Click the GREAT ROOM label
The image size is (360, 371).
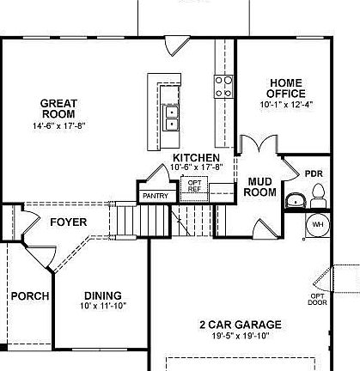[58, 108]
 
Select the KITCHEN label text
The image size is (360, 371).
[196, 158]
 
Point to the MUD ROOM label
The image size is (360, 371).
[260, 186]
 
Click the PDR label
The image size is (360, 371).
[313, 172]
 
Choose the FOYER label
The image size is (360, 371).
[69, 222]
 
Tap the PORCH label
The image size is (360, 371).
[28, 296]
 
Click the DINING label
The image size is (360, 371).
[101, 295]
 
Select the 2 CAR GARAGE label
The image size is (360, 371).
[240, 325]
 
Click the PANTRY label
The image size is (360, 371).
[155, 196]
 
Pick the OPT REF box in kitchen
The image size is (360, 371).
[195, 186]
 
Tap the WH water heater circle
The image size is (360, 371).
[317, 225]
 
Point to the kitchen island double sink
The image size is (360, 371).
[171, 116]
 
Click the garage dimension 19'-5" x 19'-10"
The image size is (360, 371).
[240, 336]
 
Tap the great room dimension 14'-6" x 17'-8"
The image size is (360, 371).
[58, 125]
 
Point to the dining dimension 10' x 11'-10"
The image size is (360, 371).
[101, 307]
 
